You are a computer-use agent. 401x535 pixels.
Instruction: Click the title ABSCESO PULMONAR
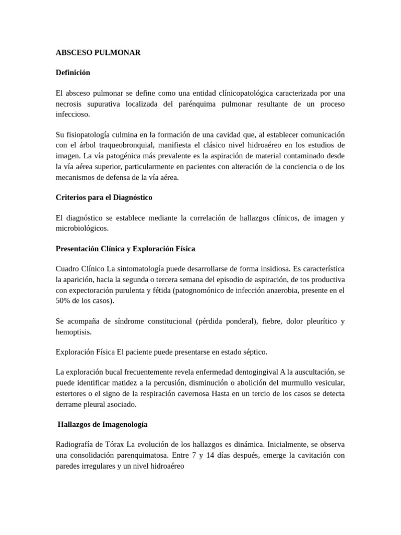(x=98, y=53)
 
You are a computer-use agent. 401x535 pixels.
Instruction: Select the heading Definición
(x=73, y=73)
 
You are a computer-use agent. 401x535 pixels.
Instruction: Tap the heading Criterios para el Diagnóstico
(x=104, y=197)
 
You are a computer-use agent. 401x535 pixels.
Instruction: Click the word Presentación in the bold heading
(x=80, y=248)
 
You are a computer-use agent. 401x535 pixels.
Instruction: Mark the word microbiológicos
(x=82, y=228)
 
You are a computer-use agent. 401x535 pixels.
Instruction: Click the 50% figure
(x=64, y=300)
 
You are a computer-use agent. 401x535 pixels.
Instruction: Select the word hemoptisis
(x=73, y=331)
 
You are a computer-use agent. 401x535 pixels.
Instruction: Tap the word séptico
(x=254, y=352)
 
